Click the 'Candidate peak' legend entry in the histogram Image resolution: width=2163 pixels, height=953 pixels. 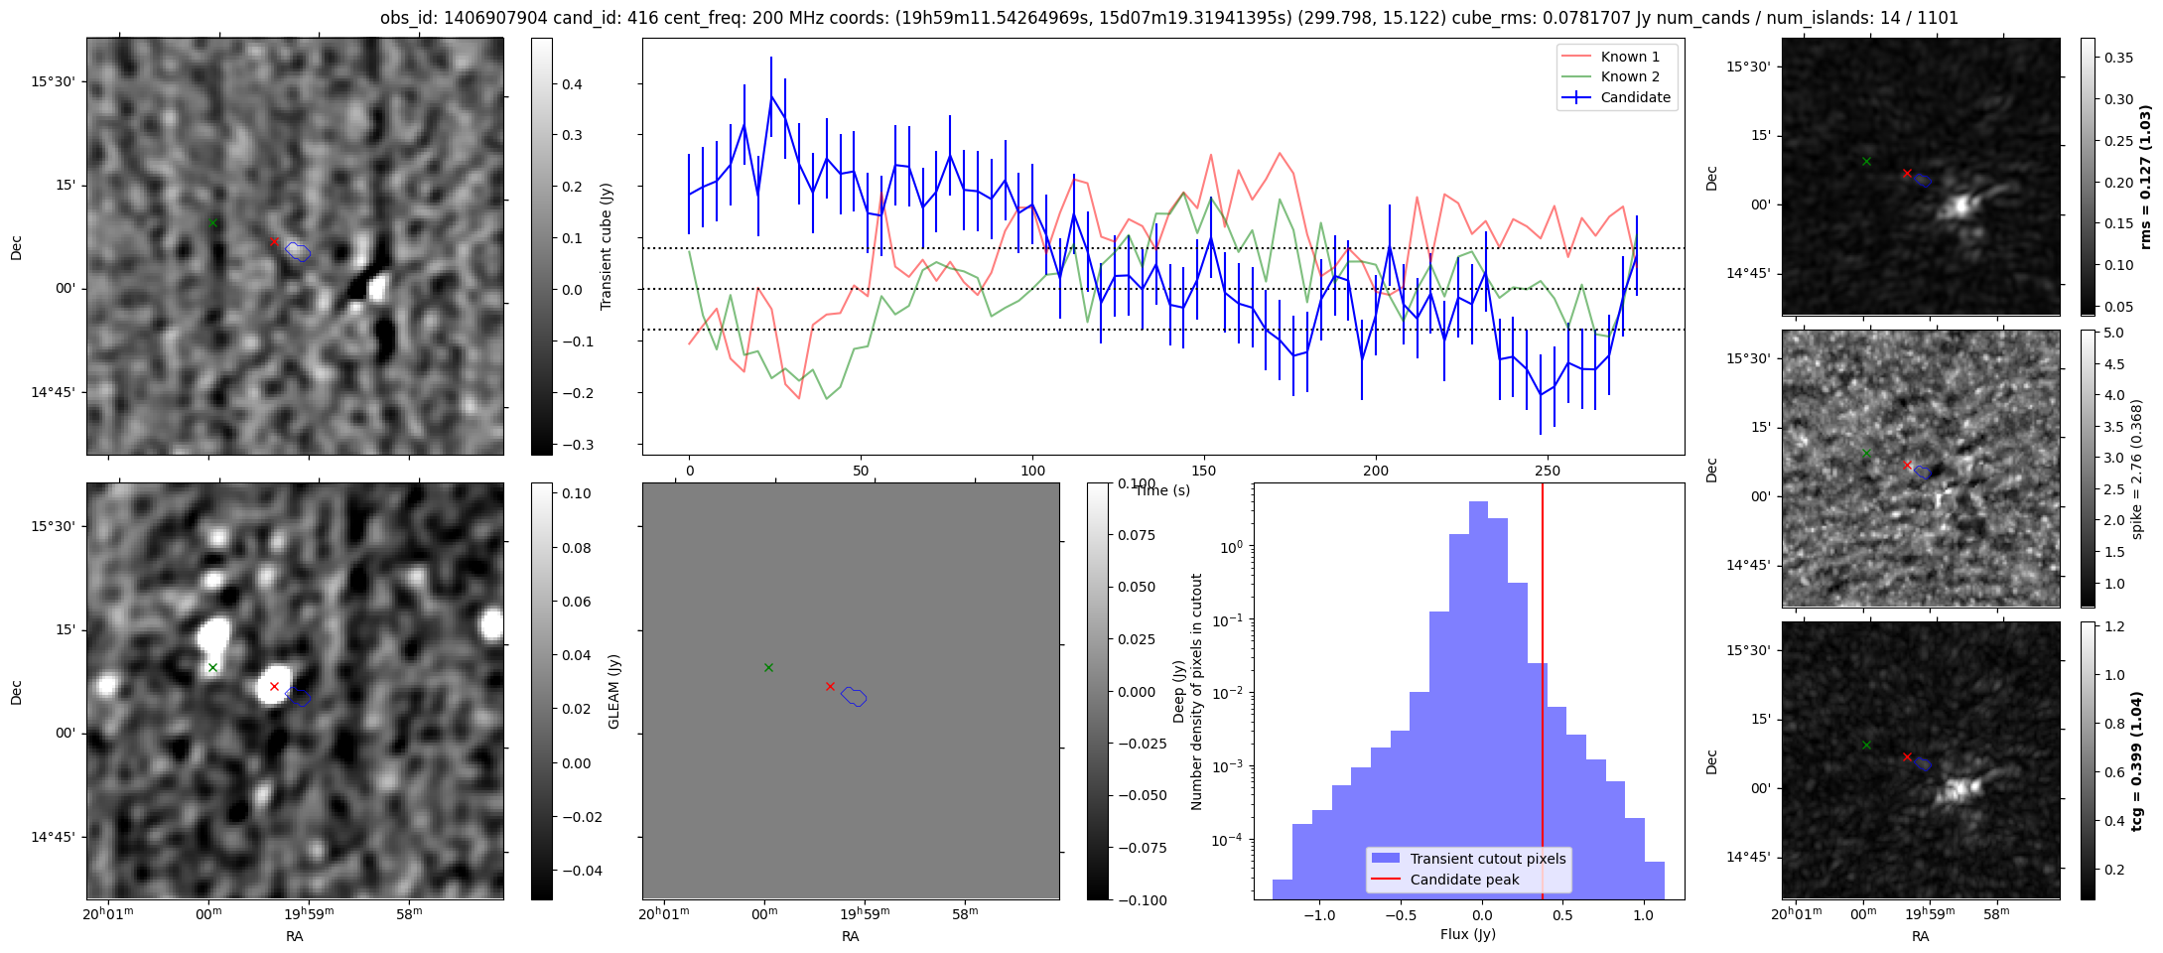pos(1464,880)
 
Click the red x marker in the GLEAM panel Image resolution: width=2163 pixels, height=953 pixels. pos(830,686)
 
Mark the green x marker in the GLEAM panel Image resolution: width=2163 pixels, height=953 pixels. pos(768,667)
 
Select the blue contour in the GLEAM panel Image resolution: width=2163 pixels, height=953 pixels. pos(854,697)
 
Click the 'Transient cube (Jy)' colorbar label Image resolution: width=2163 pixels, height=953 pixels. pos(606,246)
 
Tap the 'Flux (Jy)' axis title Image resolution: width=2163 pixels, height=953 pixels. pos(1467,934)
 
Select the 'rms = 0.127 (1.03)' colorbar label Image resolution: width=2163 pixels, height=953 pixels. pos(2144,177)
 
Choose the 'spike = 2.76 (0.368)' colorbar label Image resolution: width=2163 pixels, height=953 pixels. pos(2136,469)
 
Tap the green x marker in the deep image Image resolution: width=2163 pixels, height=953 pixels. pos(212,667)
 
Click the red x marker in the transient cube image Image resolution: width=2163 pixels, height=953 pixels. pos(274,241)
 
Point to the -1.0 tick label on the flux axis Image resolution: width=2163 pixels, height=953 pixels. pos(1319,914)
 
